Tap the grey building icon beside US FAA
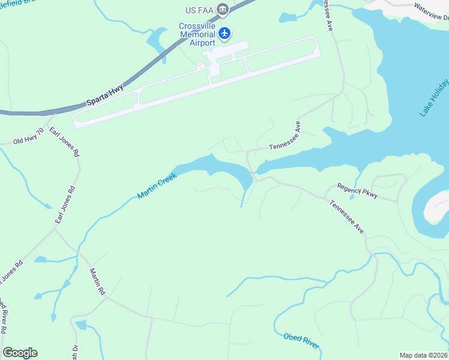click(223, 8)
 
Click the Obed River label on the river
click(301, 341)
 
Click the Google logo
click(20, 353)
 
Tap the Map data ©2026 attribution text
click(423, 355)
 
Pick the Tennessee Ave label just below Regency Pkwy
click(346, 217)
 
